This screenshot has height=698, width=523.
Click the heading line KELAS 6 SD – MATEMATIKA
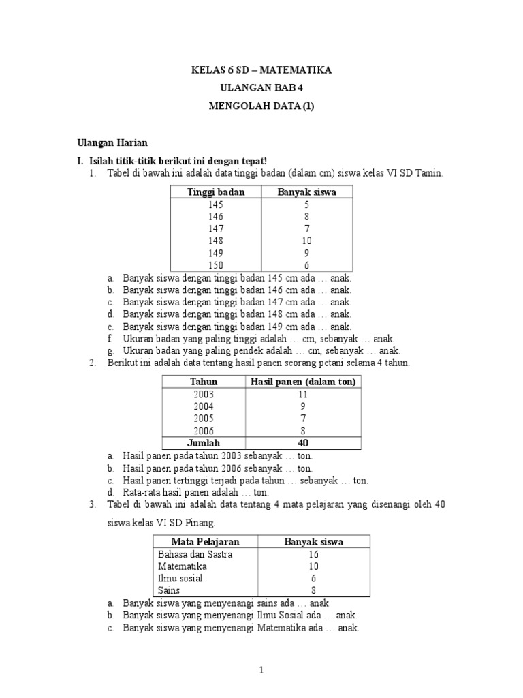(261, 70)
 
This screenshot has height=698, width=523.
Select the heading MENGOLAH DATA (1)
(261, 106)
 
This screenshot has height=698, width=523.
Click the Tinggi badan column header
(216, 192)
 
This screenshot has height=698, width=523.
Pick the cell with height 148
(216, 241)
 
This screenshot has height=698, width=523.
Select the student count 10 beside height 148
(306, 241)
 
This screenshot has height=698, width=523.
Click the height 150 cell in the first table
(216, 265)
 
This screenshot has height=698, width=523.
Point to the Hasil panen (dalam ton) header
(303, 382)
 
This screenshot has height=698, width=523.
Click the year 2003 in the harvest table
(203, 394)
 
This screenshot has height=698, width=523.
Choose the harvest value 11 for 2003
(303, 394)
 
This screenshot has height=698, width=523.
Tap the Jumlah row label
(203, 443)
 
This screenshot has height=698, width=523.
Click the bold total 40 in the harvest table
(303, 443)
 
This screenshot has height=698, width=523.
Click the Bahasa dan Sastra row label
(195, 554)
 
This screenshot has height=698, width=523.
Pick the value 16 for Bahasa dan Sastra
(313, 554)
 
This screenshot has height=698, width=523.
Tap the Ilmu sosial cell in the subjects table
(180, 578)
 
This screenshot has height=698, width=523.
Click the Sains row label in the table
(170, 590)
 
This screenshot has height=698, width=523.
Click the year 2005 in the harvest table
(203, 419)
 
